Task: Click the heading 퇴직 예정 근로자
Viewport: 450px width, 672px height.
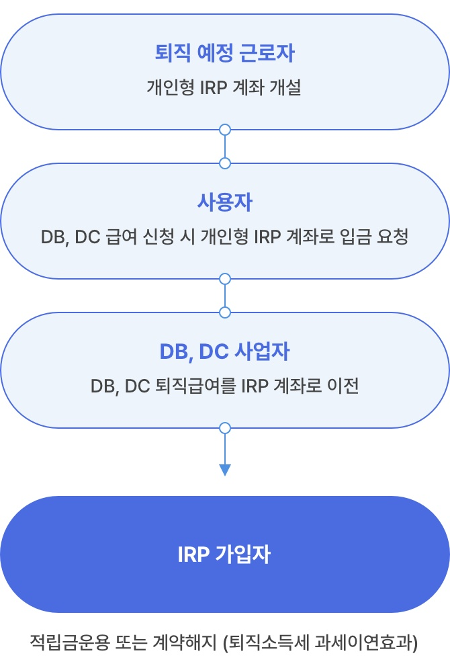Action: pos(225,54)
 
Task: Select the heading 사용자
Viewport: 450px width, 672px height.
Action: pos(225,203)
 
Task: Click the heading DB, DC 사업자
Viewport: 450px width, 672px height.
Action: pos(225,351)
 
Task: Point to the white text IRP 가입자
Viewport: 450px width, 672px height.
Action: pos(225,555)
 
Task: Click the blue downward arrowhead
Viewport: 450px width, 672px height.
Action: pos(225,470)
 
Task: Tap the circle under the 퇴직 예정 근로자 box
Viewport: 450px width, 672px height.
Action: pos(225,129)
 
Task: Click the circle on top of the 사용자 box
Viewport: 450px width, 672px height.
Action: pos(225,163)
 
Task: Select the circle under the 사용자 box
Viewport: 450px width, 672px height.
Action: pos(225,278)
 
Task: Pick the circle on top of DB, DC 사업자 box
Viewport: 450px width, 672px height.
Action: pos(225,312)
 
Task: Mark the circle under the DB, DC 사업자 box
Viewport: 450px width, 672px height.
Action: pos(225,427)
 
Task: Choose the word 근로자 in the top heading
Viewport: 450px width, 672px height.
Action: pos(271,54)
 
